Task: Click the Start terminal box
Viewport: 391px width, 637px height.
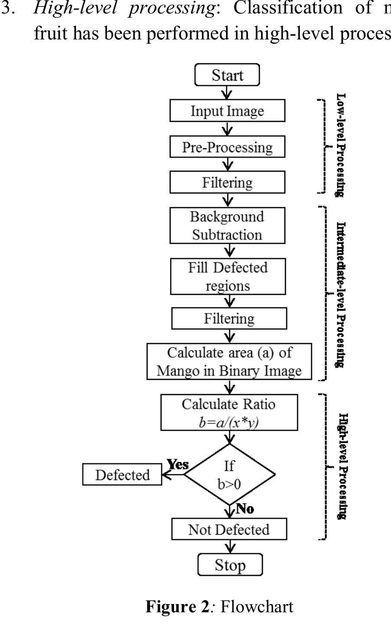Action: (x=227, y=75)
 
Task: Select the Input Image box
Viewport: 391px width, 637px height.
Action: (x=227, y=111)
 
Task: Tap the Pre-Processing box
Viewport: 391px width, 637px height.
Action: (x=227, y=147)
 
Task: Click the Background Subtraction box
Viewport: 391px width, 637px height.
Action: (x=227, y=225)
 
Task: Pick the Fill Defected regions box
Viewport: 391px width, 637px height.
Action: (x=228, y=277)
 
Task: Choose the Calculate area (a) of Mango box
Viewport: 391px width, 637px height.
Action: (x=229, y=362)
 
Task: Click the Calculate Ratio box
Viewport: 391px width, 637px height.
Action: (x=229, y=412)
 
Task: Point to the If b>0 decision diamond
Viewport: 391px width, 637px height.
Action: (x=229, y=474)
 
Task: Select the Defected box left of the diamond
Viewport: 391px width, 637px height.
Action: (x=122, y=475)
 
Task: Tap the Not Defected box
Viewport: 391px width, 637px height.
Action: (x=229, y=529)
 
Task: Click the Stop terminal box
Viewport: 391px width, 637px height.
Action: (x=230, y=565)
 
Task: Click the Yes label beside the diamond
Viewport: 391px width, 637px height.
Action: (x=178, y=464)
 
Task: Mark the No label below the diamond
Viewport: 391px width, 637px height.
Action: (x=245, y=509)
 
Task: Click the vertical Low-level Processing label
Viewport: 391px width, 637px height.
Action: (x=341, y=145)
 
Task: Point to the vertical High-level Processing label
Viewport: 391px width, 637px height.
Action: (x=342, y=466)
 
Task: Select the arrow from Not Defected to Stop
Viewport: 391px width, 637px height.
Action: (x=230, y=547)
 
